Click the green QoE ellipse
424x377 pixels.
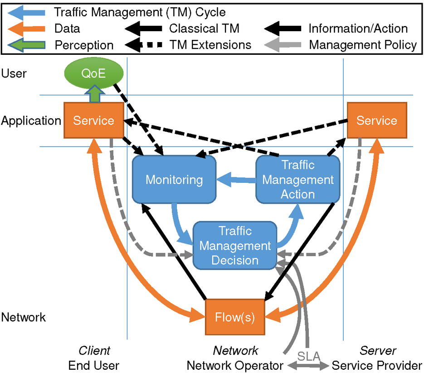(x=93, y=73)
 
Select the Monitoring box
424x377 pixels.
(x=174, y=180)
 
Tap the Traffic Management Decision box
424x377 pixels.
(x=235, y=246)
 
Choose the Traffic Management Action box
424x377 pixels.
(x=298, y=180)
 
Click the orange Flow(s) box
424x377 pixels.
(x=235, y=317)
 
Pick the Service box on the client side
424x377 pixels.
(x=93, y=120)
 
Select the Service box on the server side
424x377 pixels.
(x=376, y=120)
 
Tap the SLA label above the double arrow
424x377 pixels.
(x=307, y=355)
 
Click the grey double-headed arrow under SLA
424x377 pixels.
(x=307, y=366)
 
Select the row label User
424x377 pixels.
(x=14, y=73)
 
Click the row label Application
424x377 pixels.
(x=31, y=121)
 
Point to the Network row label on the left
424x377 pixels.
(x=23, y=317)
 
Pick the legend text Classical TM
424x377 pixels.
(x=204, y=29)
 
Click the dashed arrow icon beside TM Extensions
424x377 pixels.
(x=144, y=45)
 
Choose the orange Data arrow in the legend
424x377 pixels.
(x=28, y=29)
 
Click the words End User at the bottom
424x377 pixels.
(x=94, y=366)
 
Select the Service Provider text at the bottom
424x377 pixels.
(x=377, y=366)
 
